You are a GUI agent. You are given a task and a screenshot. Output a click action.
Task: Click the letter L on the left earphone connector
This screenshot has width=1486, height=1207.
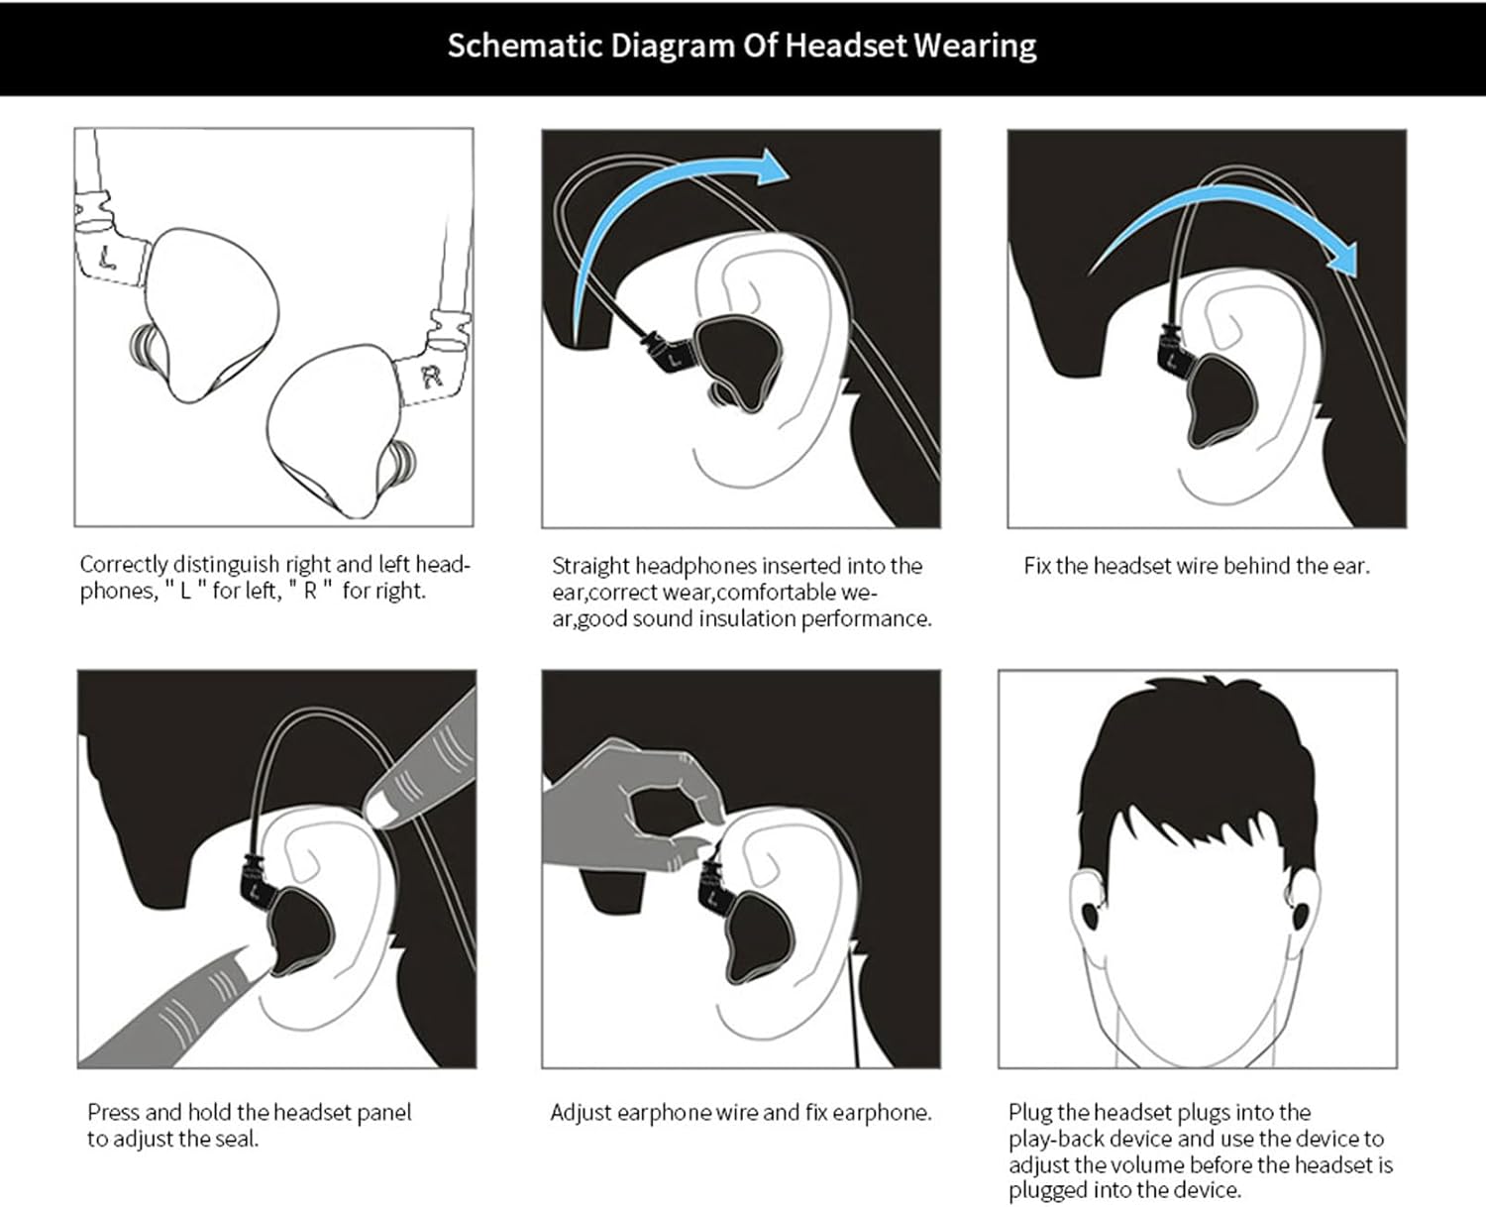point(108,259)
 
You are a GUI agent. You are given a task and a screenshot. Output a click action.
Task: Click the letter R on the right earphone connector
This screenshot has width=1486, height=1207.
point(431,376)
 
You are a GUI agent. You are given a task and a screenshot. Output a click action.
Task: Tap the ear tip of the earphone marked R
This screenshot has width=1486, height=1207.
point(402,466)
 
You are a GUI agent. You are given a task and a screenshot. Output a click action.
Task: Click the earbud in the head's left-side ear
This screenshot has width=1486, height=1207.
point(1090,915)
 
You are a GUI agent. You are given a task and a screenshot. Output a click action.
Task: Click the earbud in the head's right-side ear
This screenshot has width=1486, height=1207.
point(1300,914)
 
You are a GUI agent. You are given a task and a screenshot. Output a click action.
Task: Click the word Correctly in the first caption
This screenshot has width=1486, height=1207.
point(124,565)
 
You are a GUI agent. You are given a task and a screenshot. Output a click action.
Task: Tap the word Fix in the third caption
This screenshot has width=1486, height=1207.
point(1036,566)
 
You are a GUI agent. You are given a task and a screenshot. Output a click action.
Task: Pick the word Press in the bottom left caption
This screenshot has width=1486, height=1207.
point(114,1113)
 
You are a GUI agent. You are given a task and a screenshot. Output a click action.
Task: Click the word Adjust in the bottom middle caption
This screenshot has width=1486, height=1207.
point(581,1113)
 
